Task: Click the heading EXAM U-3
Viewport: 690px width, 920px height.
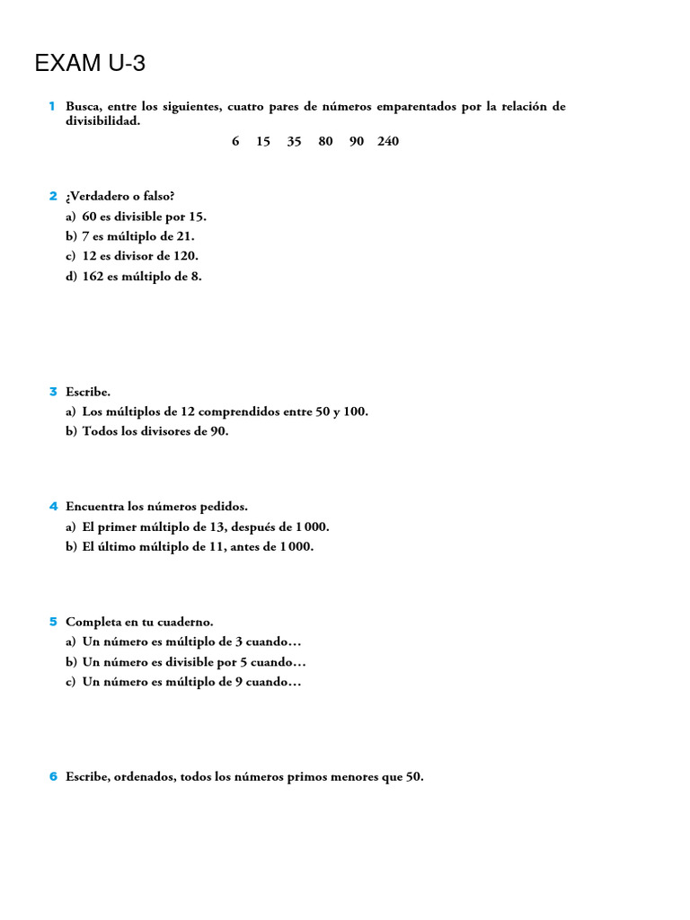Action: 89,64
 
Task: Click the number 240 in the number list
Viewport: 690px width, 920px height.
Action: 388,142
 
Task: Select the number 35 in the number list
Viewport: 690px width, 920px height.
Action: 294,142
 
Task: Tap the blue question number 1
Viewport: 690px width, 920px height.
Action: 52,107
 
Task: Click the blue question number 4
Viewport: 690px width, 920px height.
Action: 53,507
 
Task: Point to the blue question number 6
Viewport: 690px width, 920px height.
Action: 53,777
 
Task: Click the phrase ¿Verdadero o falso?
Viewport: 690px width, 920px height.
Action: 119,197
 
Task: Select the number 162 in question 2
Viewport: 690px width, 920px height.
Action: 93,277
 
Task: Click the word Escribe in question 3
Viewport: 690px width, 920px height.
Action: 87,392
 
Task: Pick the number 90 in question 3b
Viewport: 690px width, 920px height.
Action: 218,432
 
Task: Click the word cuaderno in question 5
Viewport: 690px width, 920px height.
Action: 187,622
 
